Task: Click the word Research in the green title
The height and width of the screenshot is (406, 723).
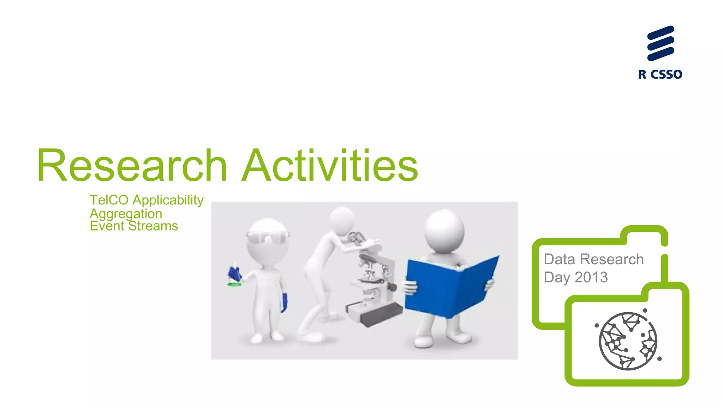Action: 132,166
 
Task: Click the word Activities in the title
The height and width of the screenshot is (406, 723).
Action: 330,166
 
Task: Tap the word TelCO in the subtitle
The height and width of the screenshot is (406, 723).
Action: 109,200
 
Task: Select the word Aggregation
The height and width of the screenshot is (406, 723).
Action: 126,214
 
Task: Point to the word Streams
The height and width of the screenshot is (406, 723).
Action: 153,226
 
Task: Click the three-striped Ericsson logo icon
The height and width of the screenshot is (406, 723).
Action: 661,43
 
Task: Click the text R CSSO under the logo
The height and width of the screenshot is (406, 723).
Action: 660,75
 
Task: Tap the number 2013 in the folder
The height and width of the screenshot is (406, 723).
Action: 591,278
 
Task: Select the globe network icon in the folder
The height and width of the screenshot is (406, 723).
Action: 628,341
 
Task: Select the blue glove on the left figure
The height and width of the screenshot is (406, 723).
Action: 284,302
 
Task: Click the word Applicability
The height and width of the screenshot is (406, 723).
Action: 168,200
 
